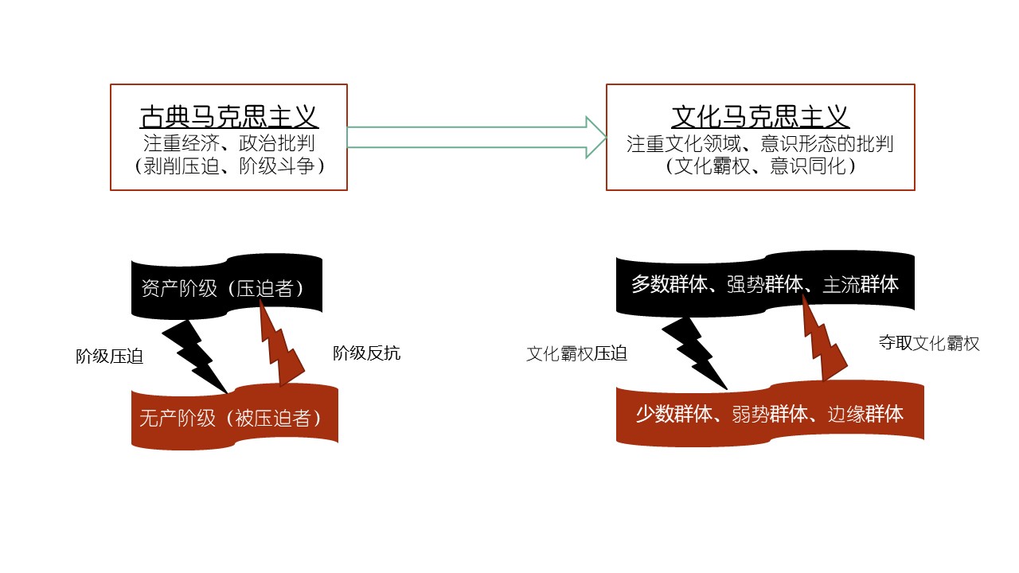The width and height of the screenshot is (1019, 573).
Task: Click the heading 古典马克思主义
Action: [x=228, y=118]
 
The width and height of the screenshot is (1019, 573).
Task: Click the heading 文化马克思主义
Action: [x=760, y=118]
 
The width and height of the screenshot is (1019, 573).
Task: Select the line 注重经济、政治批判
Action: [x=228, y=144]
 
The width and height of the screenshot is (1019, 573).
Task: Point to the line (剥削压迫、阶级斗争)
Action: [x=228, y=166]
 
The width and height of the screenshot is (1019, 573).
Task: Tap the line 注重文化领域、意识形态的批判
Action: [x=760, y=144]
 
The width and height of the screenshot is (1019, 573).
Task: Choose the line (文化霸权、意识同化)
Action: [x=760, y=166]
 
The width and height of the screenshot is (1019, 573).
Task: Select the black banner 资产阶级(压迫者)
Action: [x=222, y=288]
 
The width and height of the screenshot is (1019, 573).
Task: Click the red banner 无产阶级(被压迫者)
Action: [x=234, y=417]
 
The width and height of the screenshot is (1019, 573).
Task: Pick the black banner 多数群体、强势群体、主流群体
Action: [x=764, y=284]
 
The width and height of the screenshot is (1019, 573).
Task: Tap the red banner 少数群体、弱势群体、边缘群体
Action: [x=769, y=414]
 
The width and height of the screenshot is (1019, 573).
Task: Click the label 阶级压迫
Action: [x=109, y=357]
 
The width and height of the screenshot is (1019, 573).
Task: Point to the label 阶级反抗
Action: [x=366, y=354]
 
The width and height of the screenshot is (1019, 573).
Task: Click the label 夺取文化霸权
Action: [x=929, y=344]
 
